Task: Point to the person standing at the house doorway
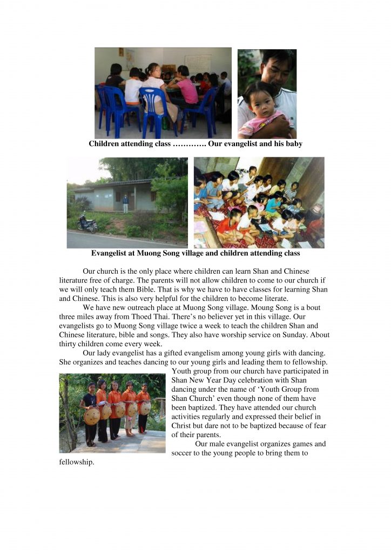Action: coord(125,203)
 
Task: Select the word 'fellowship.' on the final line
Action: coord(77,463)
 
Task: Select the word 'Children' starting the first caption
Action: coord(106,144)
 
